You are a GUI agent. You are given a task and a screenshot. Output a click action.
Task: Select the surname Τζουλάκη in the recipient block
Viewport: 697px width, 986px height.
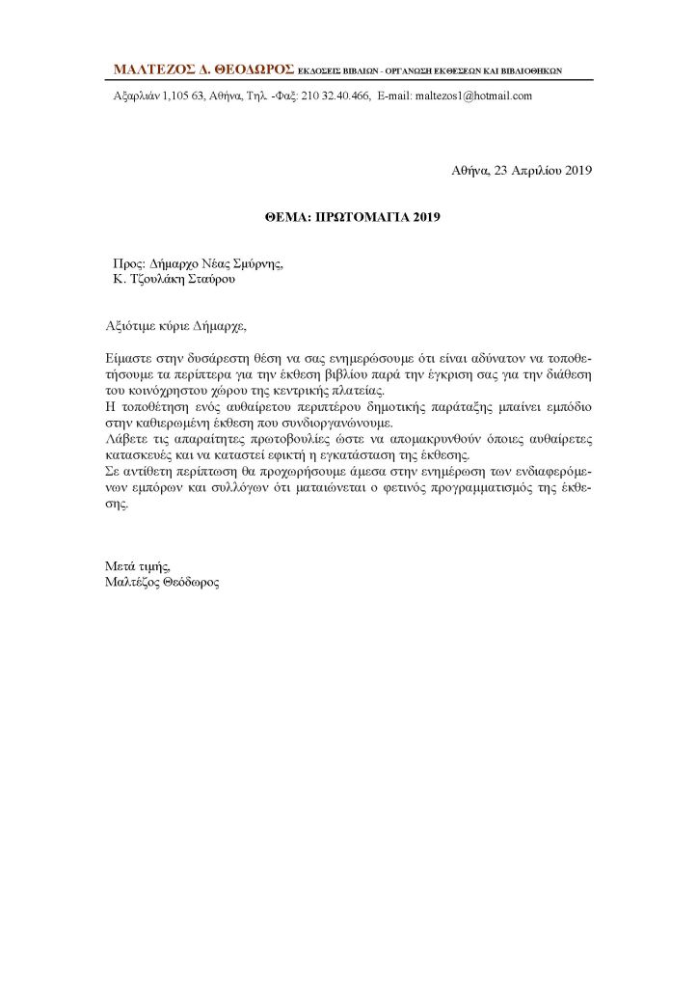click(x=155, y=279)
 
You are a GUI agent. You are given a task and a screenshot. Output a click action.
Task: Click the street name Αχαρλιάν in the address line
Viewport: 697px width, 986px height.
click(x=130, y=96)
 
